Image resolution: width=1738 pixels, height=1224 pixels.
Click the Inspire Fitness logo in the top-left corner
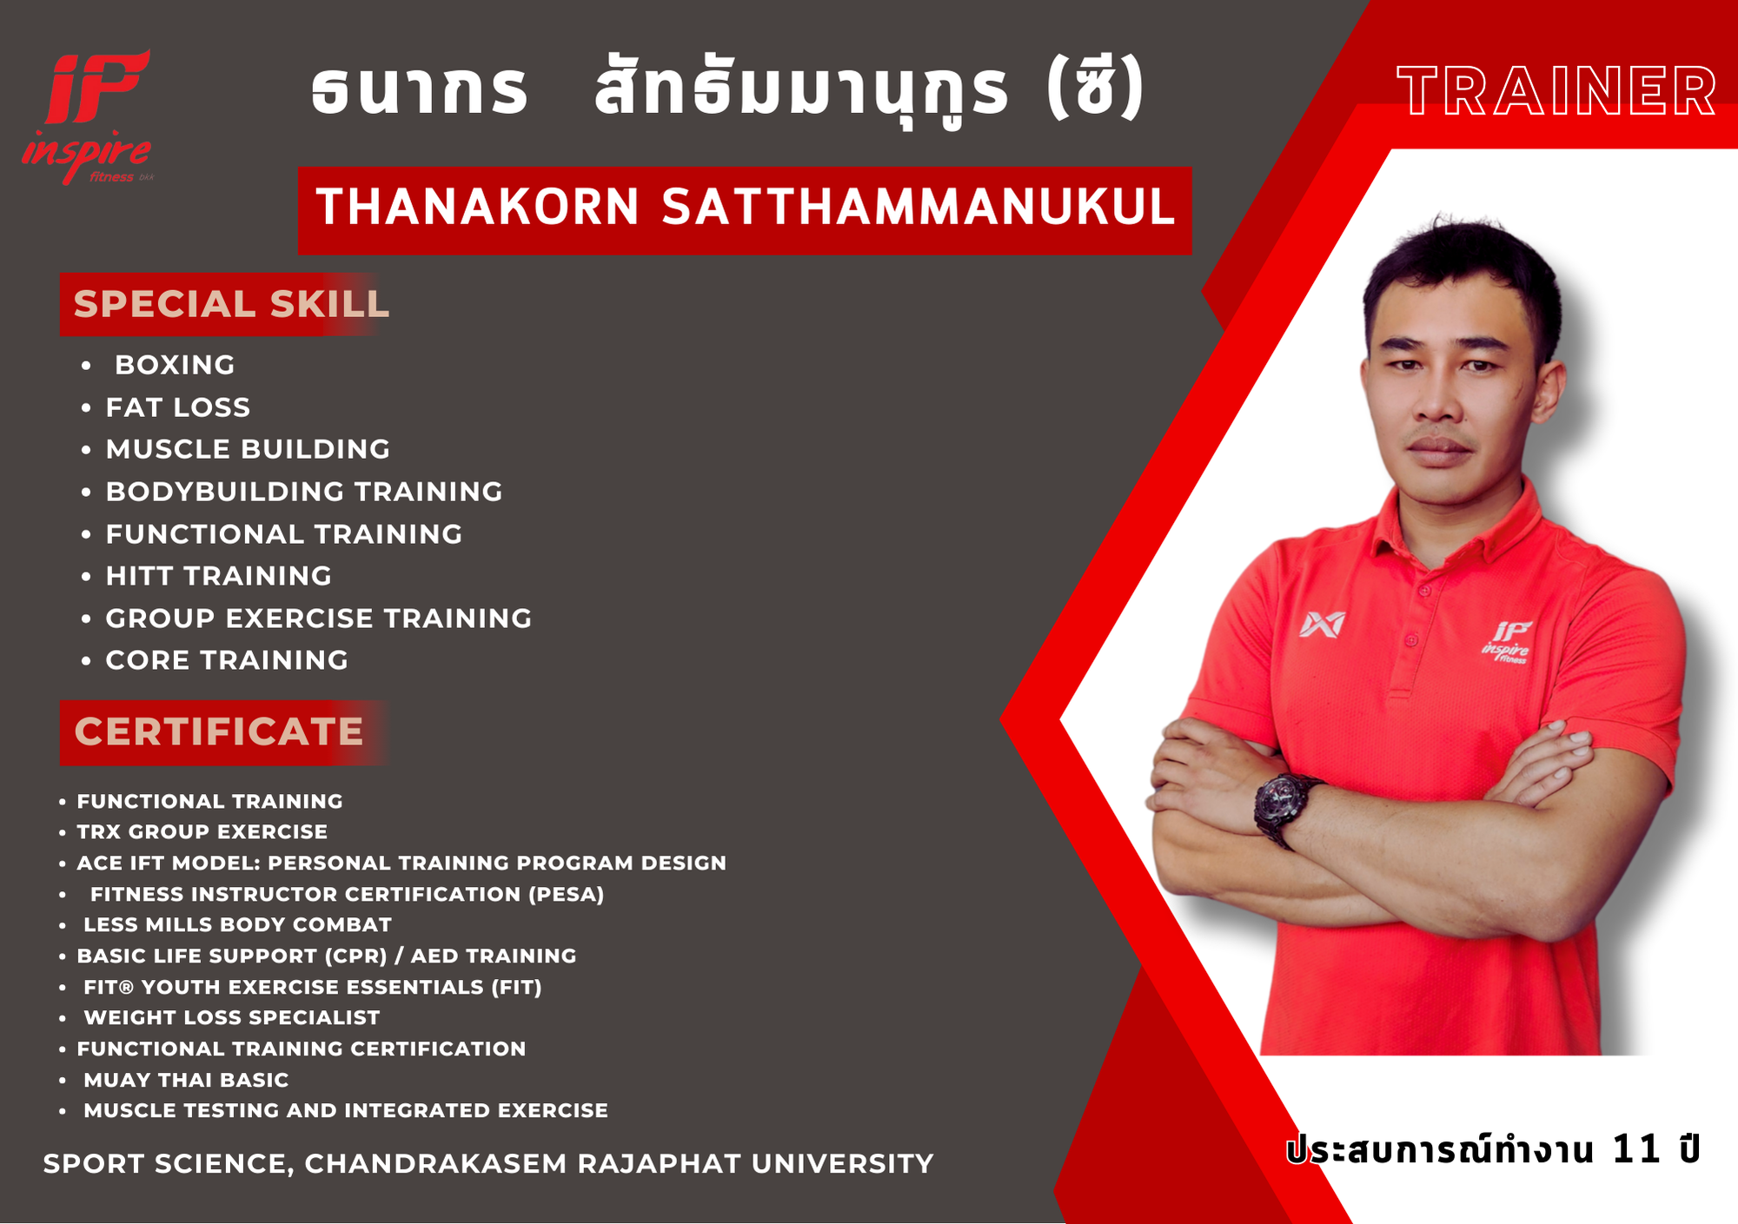tap(87, 117)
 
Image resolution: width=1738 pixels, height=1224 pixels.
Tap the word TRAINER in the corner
tap(1557, 91)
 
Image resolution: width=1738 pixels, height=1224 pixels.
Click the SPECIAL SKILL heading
tap(231, 304)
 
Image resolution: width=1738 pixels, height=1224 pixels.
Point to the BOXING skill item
tap(175, 365)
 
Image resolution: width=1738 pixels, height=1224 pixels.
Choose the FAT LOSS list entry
tap(178, 407)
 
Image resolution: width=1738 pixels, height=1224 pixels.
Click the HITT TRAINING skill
tap(219, 576)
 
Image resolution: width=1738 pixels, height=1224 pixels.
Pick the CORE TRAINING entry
tap(227, 660)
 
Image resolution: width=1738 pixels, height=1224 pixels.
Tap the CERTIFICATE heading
tap(219, 731)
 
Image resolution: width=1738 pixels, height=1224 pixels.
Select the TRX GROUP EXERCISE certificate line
tap(202, 832)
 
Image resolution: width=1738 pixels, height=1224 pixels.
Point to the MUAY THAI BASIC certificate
tap(186, 1080)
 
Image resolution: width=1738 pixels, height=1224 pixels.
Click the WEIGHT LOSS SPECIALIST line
tap(232, 1017)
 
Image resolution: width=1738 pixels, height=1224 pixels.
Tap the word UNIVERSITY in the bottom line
tap(843, 1163)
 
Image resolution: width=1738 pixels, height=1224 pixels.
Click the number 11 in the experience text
tap(1636, 1149)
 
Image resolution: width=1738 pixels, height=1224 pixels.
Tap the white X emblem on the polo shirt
tap(1322, 624)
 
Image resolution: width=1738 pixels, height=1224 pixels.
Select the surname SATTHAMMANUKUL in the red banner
tap(919, 208)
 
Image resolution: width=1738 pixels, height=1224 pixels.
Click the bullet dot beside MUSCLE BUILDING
tap(86, 450)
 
